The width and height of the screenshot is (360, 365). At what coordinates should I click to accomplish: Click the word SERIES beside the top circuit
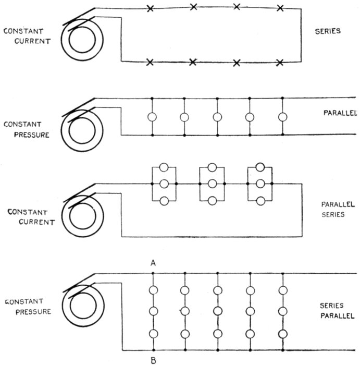click(x=328, y=31)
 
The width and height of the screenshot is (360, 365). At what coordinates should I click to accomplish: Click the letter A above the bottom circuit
click(x=154, y=263)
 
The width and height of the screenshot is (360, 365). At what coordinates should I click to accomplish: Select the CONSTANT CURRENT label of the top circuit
click(x=27, y=36)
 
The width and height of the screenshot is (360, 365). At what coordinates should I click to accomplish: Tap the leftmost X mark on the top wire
click(x=151, y=9)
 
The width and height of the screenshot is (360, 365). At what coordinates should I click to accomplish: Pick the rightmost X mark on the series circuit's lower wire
click(x=280, y=63)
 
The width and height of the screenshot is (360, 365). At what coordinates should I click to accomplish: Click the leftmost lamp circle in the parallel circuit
click(x=152, y=117)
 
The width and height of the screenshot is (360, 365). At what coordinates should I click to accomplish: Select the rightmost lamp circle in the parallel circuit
click(x=283, y=117)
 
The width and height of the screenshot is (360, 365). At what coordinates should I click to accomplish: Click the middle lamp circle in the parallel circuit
click(x=217, y=117)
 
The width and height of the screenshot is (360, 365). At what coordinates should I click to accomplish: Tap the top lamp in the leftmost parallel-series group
click(x=164, y=167)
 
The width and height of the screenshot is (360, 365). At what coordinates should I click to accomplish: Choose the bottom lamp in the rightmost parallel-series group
click(x=260, y=201)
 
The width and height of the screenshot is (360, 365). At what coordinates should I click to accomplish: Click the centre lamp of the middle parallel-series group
click(x=212, y=184)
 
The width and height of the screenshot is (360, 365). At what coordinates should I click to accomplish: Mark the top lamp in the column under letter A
click(x=154, y=290)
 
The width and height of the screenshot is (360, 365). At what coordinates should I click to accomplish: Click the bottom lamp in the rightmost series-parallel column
click(x=283, y=334)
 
